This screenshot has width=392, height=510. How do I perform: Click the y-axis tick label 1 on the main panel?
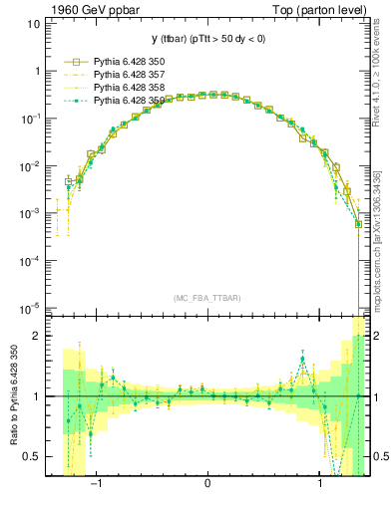(x=38, y=71)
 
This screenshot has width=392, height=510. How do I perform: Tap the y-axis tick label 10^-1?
(x=30, y=119)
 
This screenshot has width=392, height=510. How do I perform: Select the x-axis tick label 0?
(x=207, y=484)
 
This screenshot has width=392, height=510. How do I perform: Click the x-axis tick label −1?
(x=96, y=484)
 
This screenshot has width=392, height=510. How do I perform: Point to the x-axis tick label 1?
(x=319, y=484)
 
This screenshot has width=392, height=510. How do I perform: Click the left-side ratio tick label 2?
(x=37, y=337)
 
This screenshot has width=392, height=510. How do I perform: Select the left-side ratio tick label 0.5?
(x=32, y=456)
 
